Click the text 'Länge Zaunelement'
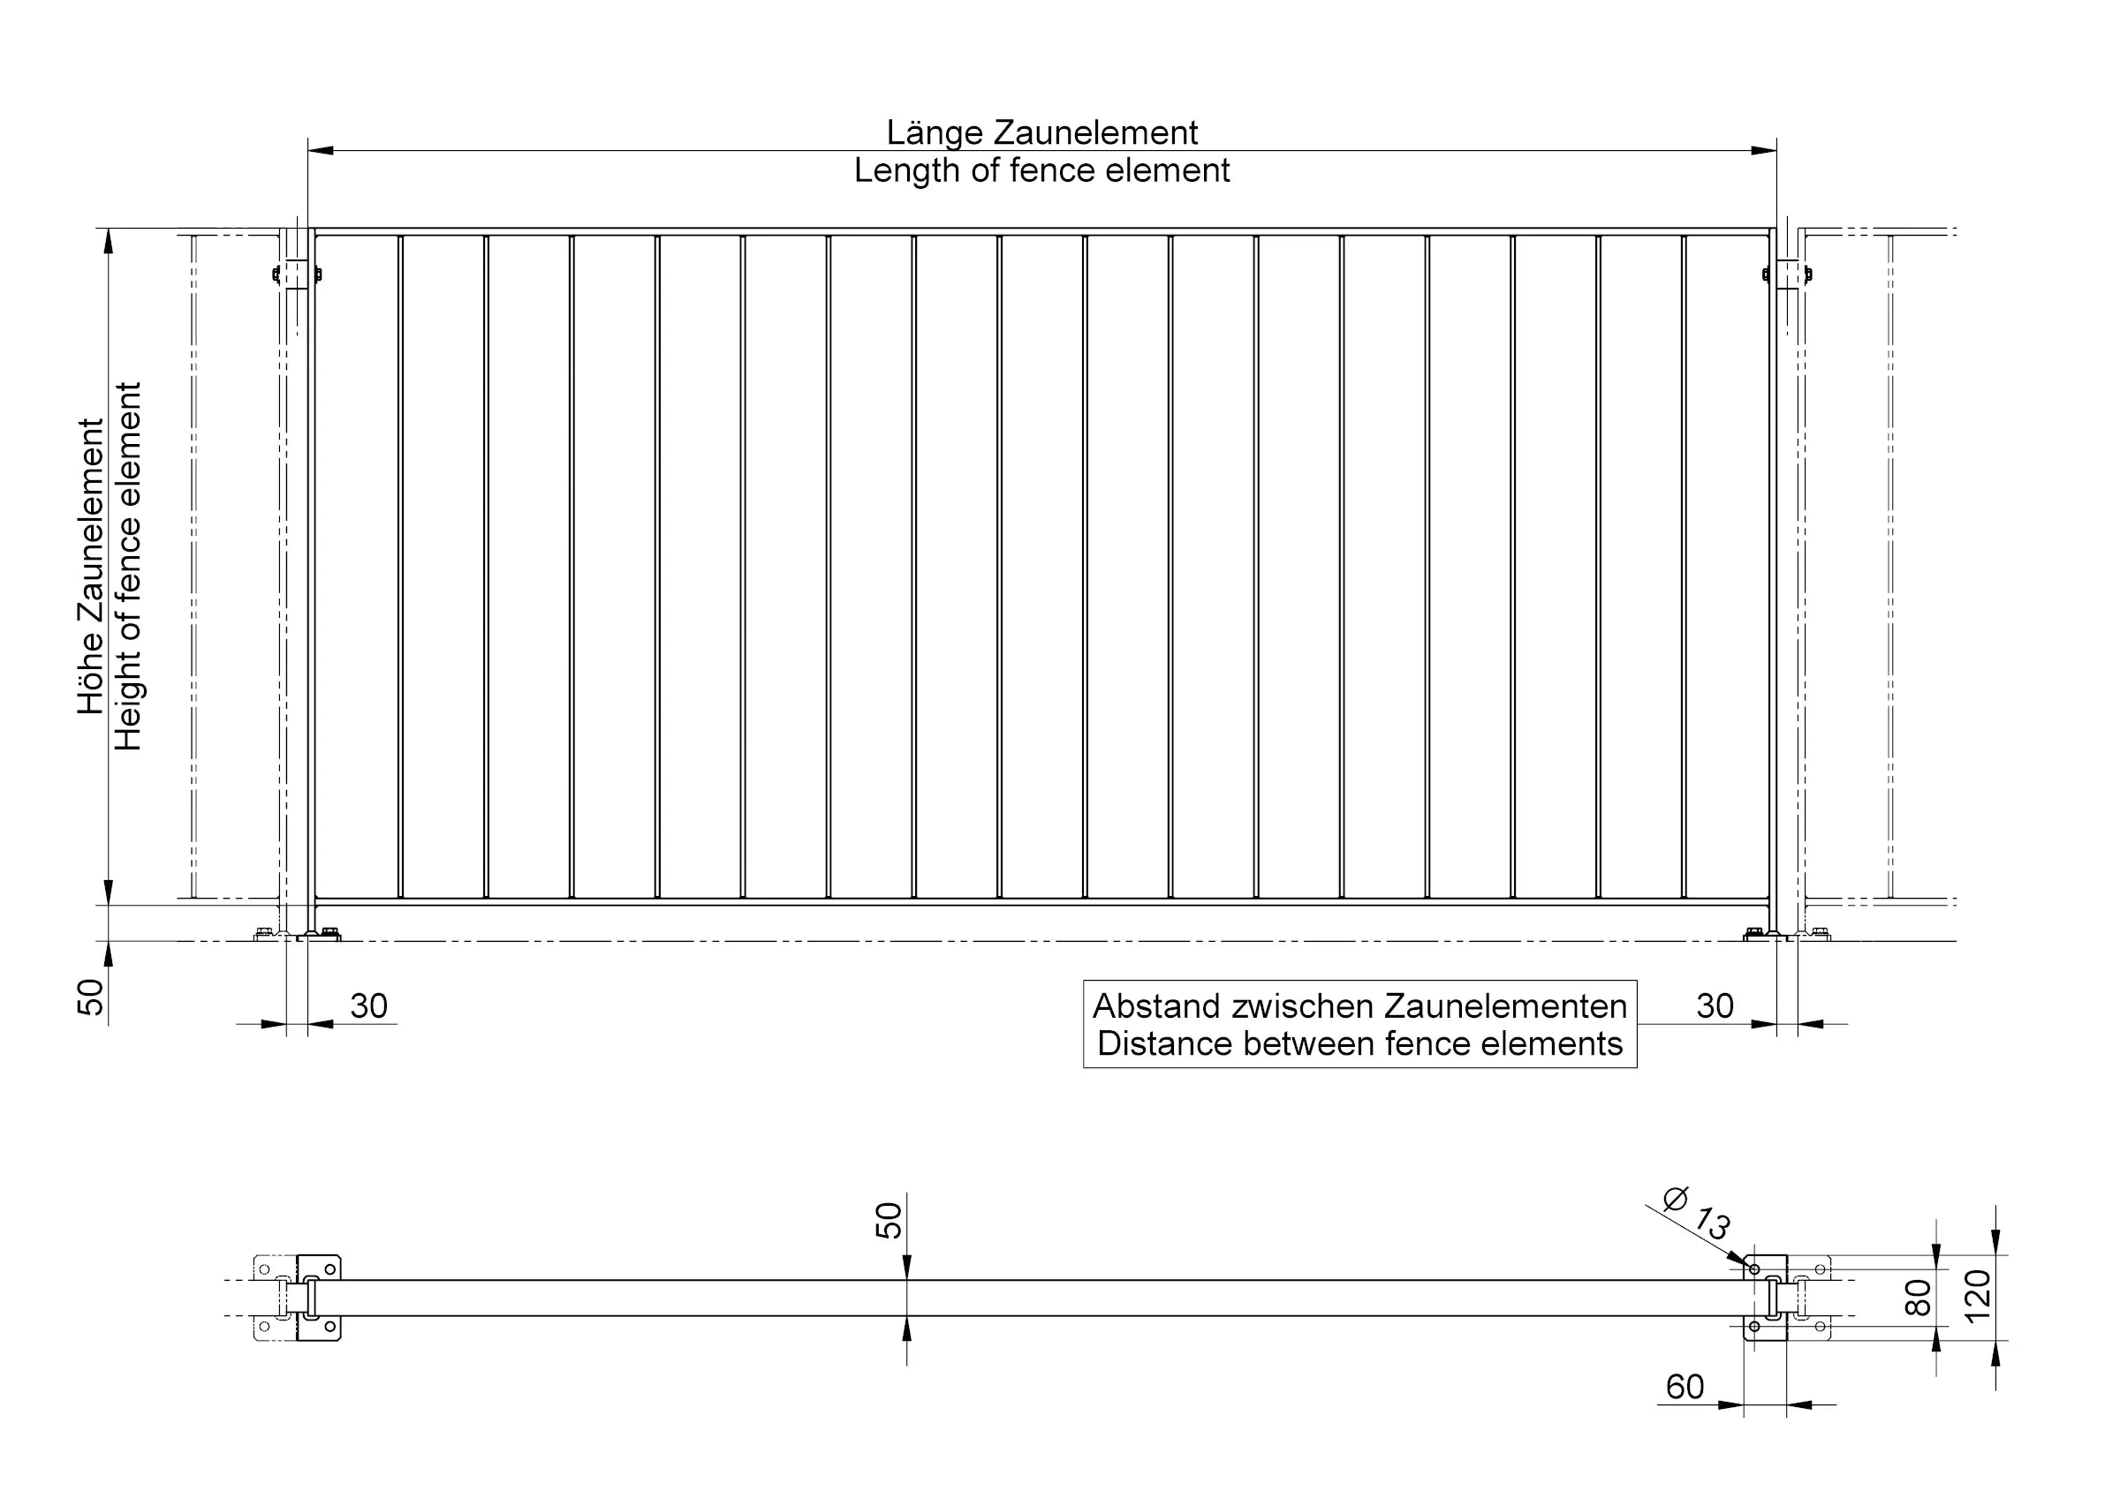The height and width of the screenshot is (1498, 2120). (1041, 134)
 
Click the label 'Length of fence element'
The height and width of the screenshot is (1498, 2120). (1041, 170)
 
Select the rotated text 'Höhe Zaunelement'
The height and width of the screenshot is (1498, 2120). (90, 566)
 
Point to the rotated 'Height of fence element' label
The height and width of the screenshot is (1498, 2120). (127, 566)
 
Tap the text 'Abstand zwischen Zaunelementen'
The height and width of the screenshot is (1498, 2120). (1360, 1005)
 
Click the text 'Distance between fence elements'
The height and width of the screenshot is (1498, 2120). (1360, 1044)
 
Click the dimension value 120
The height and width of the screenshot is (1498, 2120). (1977, 1297)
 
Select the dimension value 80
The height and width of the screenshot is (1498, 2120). (1918, 1298)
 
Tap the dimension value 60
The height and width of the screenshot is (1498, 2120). (1685, 1388)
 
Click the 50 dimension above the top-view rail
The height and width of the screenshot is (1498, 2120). (889, 1220)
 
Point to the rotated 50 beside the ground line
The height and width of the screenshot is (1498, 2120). (90, 997)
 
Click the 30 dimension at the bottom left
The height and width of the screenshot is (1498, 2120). (368, 1006)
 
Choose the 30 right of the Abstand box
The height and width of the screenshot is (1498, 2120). (1715, 1006)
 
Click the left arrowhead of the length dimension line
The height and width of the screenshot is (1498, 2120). (321, 150)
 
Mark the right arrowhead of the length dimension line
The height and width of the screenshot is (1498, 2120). (1764, 150)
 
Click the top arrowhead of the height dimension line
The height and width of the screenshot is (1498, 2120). (108, 241)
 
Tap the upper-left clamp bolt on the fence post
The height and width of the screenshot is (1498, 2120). (275, 275)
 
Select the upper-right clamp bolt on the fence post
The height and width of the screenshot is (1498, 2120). (1808, 275)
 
